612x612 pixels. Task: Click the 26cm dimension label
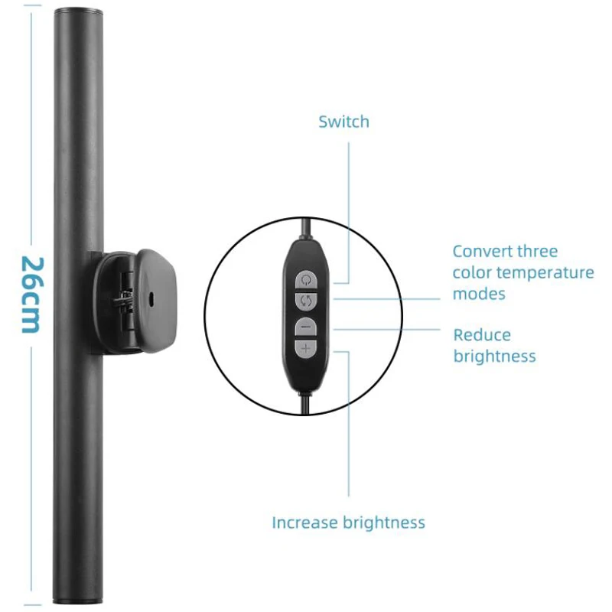[29, 295]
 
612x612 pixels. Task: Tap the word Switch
[343, 122]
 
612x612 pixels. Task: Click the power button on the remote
[306, 279]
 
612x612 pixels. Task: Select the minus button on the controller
[306, 327]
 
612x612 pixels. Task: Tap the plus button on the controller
[306, 350]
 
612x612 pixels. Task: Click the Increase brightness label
[348, 523]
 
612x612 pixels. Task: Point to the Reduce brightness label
[494, 345]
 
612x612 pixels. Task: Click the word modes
[479, 294]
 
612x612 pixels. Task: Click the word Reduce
[482, 335]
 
